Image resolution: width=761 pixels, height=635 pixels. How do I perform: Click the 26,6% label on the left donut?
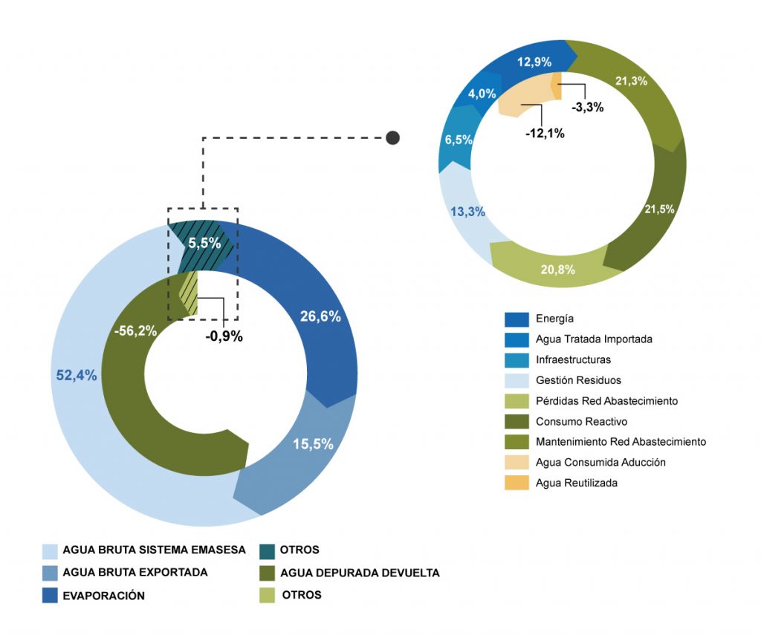[x=320, y=316]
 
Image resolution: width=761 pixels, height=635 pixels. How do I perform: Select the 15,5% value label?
[x=313, y=444]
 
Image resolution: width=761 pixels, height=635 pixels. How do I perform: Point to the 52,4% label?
[x=77, y=376]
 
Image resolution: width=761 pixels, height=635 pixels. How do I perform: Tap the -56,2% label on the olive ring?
[x=135, y=331]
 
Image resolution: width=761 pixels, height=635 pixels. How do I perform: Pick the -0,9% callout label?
[x=224, y=336]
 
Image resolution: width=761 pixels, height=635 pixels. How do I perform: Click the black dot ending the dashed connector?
[x=392, y=137]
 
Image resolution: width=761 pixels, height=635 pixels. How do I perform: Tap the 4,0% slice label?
[x=481, y=94]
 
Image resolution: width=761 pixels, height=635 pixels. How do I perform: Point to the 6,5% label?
[x=459, y=140]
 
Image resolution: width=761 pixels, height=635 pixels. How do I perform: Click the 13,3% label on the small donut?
[x=467, y=212]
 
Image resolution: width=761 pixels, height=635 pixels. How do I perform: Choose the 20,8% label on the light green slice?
[x=557, y=270]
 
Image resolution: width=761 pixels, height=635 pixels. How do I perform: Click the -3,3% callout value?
[x=587, y=107]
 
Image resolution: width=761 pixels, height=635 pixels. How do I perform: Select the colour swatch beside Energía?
[x=516, y=319]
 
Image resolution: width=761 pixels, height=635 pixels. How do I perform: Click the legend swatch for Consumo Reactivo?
[x=516, y=421]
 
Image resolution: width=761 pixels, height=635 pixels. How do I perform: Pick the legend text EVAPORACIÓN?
[x=103, y=596]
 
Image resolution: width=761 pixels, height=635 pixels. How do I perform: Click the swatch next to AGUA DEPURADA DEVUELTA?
[x=268, y=573]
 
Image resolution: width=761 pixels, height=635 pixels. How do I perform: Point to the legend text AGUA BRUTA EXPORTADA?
[x=135, y=573]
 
